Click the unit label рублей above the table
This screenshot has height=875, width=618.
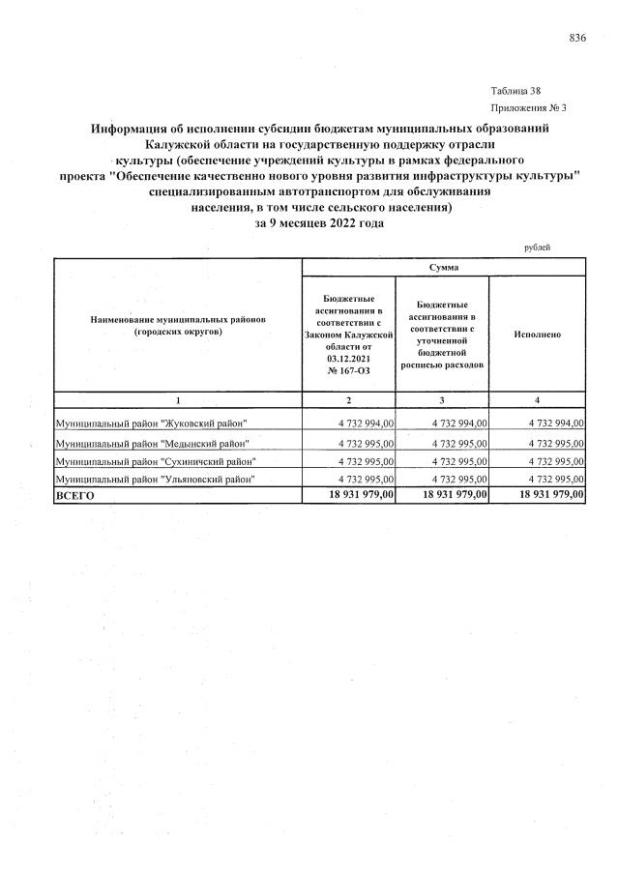coord(537,248)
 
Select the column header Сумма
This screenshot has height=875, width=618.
coord(445,266)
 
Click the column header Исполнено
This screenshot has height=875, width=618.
coord(537,334)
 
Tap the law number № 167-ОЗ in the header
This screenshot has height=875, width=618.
coord(349,370)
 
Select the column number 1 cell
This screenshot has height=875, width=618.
coord(178,400)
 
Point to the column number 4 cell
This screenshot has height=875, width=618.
coord(537,400)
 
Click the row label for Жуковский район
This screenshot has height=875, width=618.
coord(152,423)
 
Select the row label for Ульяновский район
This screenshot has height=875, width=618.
coord(155,479)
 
